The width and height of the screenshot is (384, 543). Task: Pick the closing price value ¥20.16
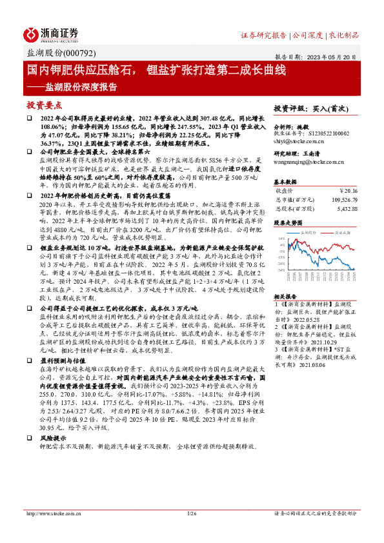click(x=347, y=191)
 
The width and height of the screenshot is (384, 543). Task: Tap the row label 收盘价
click(x=284, y=191)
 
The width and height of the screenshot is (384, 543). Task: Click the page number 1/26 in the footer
click(x=191, y=514)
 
